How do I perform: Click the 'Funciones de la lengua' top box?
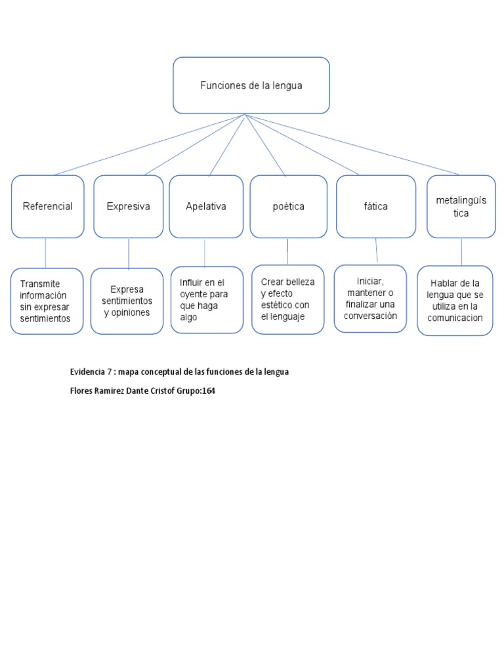(x=251, y=85)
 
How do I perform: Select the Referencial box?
(x=47, y=206)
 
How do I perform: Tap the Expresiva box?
(x=129, y=206)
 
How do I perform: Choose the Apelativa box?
(x=206, y=206)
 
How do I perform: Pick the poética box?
(x=288, y=206)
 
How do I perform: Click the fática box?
(x=375, y=206)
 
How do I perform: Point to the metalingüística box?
(x=461, y=206)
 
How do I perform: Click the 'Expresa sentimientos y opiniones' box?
(x=127, y=301)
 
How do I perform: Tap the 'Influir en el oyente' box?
(x=207, y=299)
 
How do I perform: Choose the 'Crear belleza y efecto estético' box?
(x=287, y=299)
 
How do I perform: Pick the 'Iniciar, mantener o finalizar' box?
(x=371, y=299)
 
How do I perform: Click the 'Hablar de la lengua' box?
(x=455, y=301)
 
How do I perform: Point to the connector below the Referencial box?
(x=45, y=253)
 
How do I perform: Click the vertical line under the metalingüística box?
(x=461, y=251)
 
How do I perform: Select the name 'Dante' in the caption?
(x=141, y=391)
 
